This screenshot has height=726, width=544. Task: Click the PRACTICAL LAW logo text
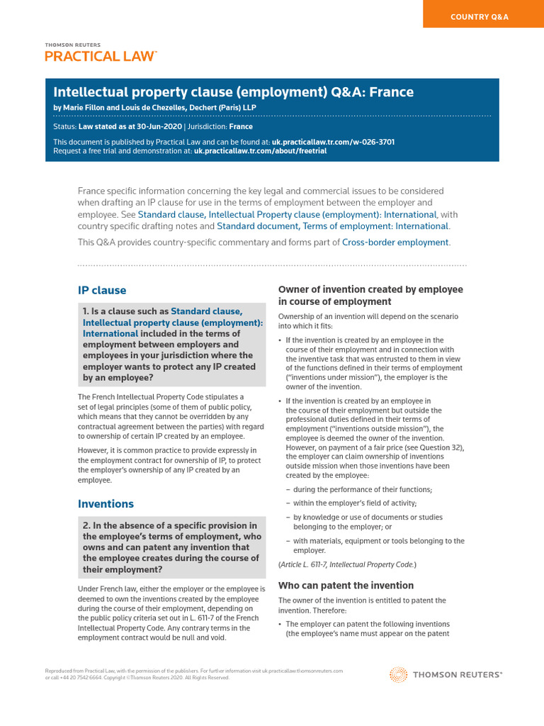[100, 56]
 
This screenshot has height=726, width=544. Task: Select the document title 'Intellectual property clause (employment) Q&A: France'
[234, 92]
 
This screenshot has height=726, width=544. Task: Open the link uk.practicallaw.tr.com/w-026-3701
[333, 142]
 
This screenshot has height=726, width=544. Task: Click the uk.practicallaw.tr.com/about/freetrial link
[260, 151]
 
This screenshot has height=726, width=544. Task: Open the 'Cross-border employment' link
[395, 242]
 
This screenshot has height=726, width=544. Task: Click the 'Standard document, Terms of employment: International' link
[332, 226]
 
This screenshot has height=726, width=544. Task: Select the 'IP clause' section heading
[102, 290]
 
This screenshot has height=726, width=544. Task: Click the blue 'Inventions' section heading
[106, 503]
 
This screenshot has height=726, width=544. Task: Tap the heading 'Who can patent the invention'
[346, 586]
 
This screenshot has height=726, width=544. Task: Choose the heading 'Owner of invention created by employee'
[370, 289]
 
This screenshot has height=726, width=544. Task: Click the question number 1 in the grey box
[86, 311]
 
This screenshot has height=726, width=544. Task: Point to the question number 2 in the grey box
[86, 525]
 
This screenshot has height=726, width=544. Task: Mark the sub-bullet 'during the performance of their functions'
[362, 489]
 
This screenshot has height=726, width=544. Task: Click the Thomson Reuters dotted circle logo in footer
[399, 675]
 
